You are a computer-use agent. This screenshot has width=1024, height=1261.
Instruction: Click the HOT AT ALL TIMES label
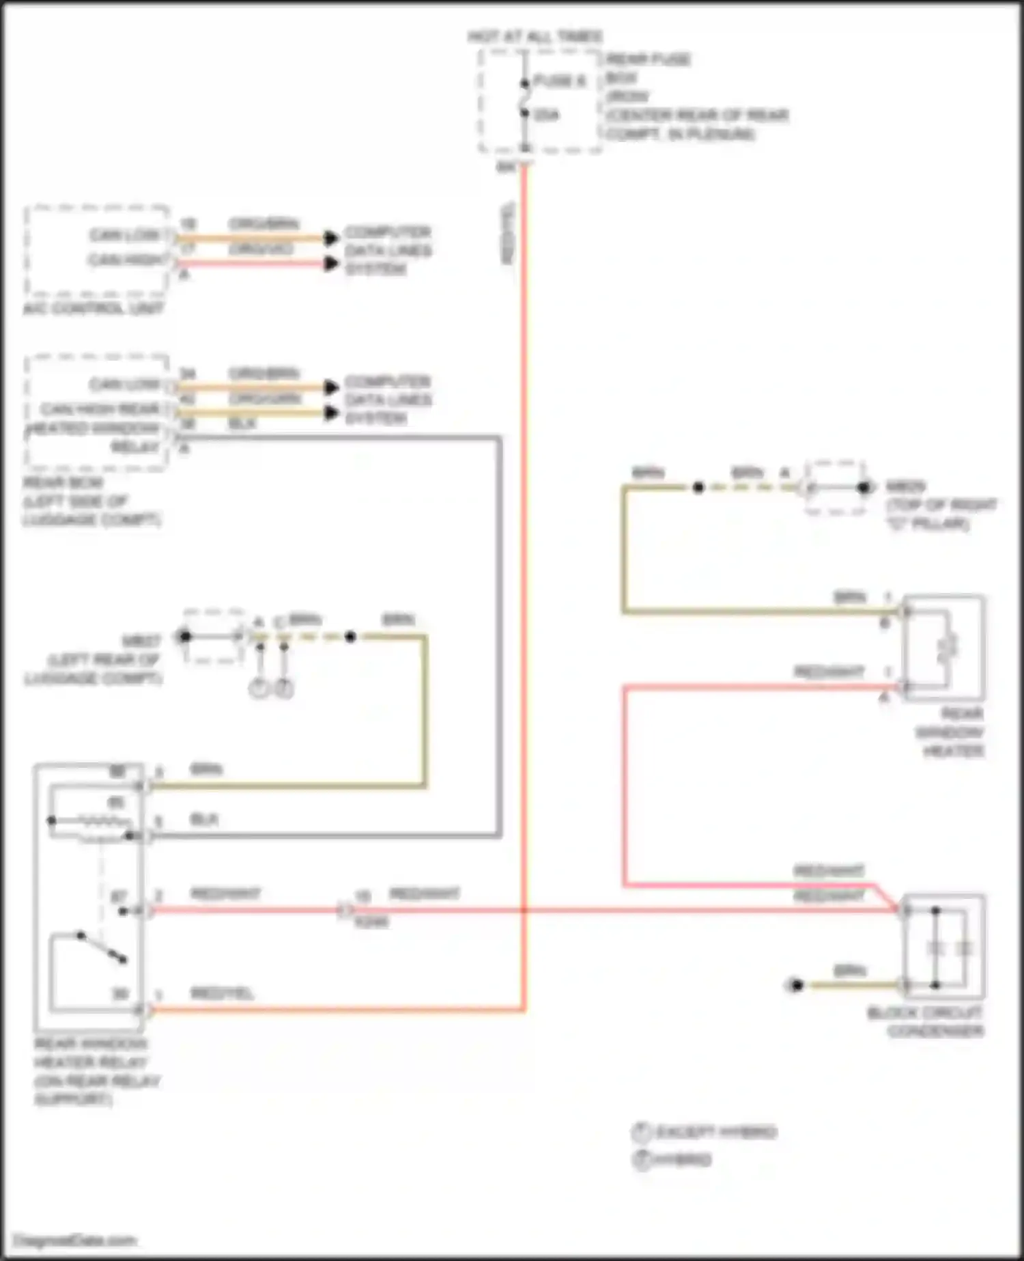(x=535, y=36)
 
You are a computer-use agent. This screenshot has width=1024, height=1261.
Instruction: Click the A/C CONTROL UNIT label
(x=94, y=309)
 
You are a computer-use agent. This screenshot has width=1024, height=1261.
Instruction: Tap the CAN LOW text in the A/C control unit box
(x=124, y=235)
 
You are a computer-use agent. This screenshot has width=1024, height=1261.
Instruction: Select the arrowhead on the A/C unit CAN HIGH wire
(x=331, y=264)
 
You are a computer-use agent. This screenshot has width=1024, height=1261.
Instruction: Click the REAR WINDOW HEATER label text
(x=951, y=732)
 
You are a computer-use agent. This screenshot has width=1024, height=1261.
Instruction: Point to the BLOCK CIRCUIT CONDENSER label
(x=926, y=1022)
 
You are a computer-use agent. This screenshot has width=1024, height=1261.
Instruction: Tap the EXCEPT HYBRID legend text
(x=715, y=1133)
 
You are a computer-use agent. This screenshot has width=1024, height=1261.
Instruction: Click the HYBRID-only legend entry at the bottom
(x=681, y=1160)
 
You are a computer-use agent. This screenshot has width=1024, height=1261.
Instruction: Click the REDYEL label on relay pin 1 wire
(x=222, y=994)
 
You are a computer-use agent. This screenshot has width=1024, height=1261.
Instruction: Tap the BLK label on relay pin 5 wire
(x=204, y=819)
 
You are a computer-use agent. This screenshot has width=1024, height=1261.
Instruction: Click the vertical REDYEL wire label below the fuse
(x=508, y=232)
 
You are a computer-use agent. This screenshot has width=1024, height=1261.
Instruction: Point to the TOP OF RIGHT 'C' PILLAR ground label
(x=941, y=514)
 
